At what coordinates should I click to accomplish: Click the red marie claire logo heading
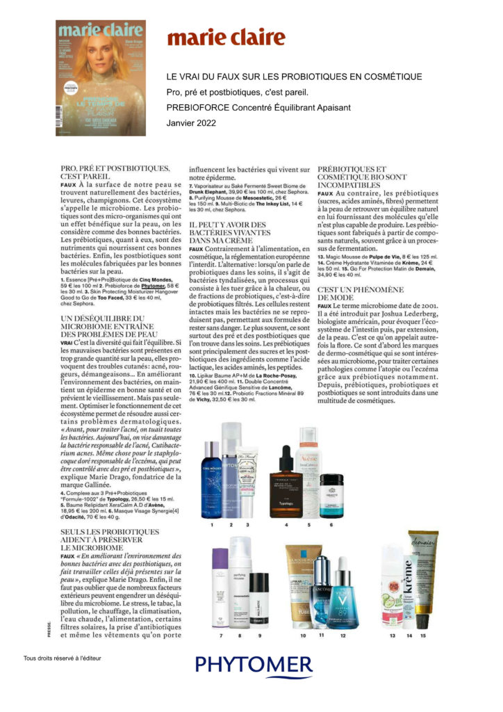(226, 38)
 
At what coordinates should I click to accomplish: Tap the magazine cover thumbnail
(101, 77)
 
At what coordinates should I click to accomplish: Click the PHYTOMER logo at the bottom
(253, 665)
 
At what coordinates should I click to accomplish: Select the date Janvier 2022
(192, 123)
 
